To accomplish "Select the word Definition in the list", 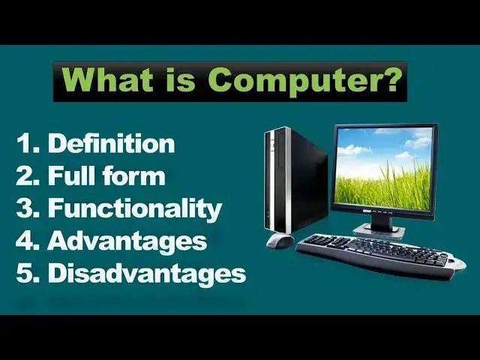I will [x=111, y=144].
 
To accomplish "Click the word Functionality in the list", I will [x=135, y=208].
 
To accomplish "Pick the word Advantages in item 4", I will [x=127, y=241].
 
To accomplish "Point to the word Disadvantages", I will [x=147, y=274].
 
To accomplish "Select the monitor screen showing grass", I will [x=384, y=169].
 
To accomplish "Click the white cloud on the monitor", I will [x=352, y=149].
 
